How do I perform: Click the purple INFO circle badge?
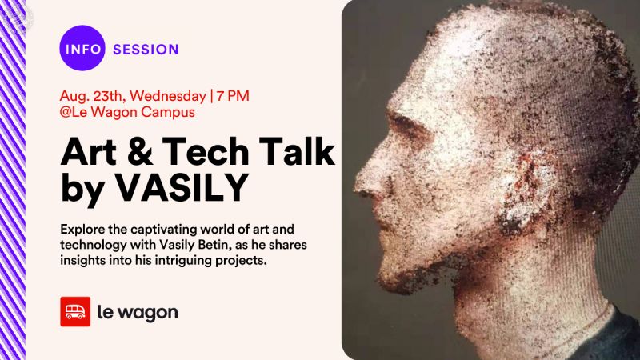tap(82, 49)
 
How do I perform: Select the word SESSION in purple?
tap(146, 50)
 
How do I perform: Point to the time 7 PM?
tap(232, 95)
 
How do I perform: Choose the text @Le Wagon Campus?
tap(127, 113)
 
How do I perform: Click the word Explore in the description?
tap(83, 228)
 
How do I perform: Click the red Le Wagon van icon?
tap(75, 312)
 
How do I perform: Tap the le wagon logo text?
tap(137, 312)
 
